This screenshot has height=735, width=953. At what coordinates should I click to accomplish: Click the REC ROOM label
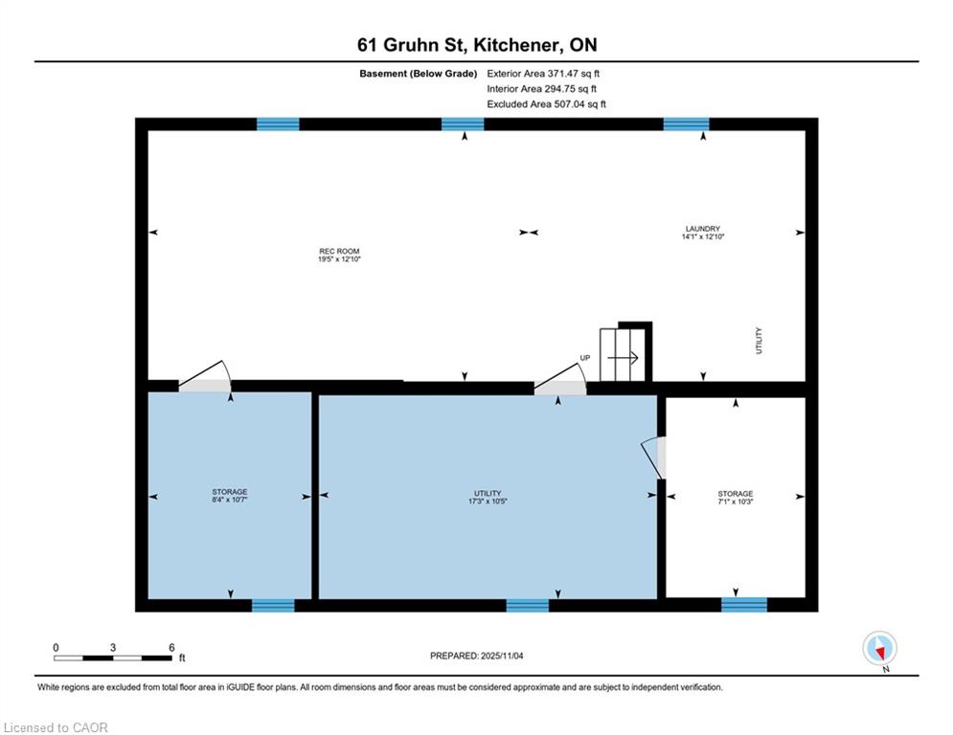tap(339, 251)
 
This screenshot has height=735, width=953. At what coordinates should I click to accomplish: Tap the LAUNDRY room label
tap(703, 229)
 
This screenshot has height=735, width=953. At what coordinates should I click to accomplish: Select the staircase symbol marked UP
tap(623, 355)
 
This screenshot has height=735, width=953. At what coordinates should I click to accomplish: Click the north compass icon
tap(879, 648)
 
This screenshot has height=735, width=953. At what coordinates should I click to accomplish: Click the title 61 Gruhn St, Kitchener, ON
tap(477, 44)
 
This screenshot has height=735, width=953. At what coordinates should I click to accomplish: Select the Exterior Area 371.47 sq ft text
tap(543, 74)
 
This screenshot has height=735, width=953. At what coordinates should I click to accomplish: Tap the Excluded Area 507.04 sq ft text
tap(546, 104)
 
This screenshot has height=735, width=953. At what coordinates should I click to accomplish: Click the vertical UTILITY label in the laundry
tap(759, 340)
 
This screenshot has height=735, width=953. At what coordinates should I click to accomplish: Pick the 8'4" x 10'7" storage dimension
tap(230, 500)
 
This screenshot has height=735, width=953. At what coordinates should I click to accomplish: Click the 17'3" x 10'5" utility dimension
tap(488, 501)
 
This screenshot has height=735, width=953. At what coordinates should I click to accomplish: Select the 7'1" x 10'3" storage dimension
tap(736, 501)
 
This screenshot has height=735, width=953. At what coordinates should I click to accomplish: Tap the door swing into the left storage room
tap(205, 376)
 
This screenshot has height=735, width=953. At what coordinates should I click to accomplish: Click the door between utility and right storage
tap(653, 457)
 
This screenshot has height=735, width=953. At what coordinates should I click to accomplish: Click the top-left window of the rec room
tap(278, 124)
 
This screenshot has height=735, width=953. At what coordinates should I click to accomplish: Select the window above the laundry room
tap(686, 124)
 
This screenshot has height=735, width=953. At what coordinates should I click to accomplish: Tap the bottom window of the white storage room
tap(744, 605)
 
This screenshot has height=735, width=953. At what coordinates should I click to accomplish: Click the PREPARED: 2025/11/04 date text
tap(477, 656)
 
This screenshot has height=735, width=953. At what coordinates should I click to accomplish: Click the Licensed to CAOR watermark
tap(56, 727)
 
